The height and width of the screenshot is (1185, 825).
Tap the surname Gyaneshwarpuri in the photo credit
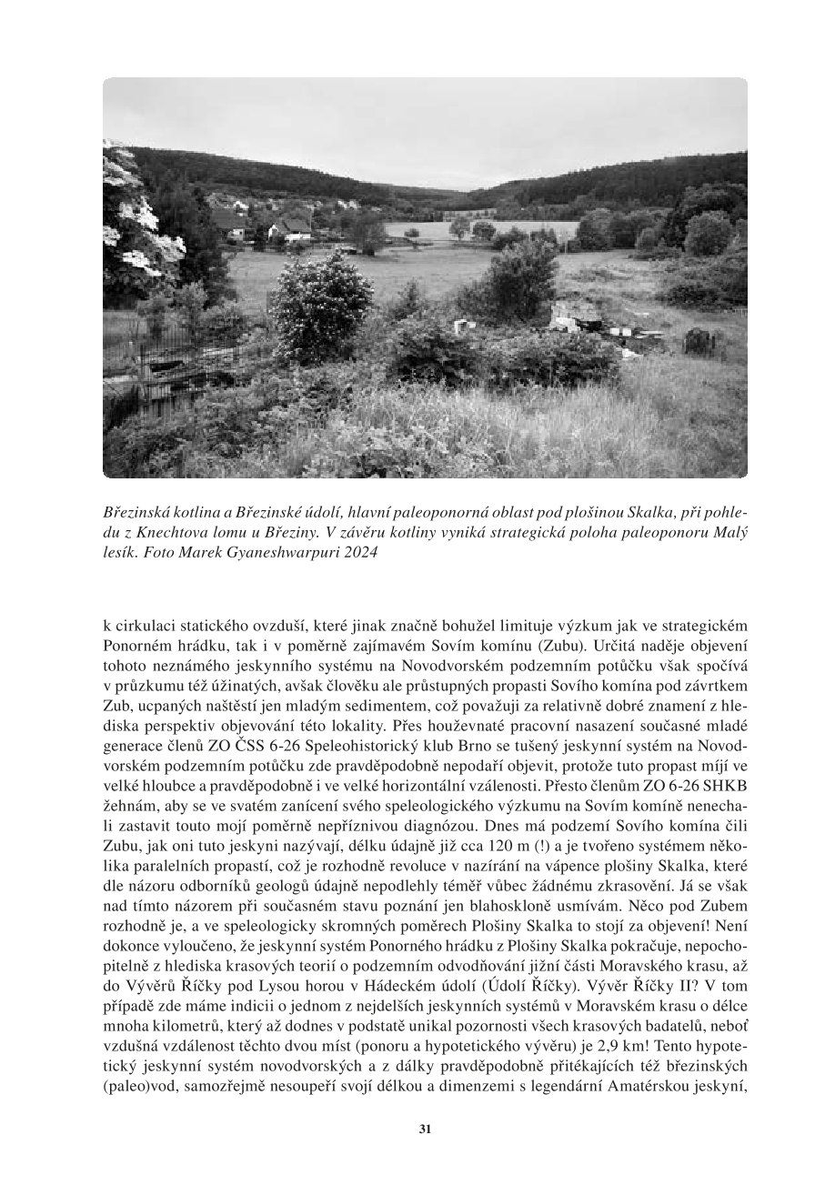[272, 551]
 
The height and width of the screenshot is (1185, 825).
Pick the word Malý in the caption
[731, 531]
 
